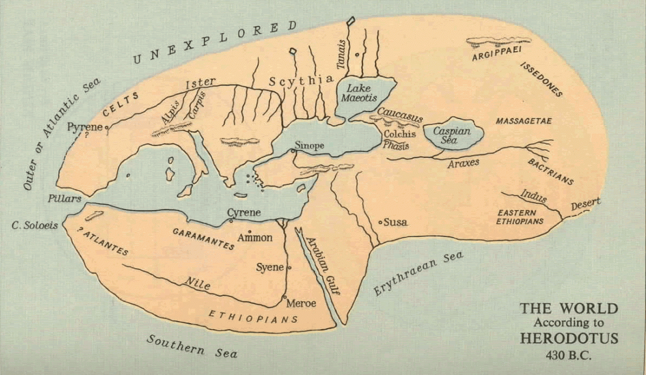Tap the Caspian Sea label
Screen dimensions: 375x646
(452, 136)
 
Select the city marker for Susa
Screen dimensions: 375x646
(381, 222)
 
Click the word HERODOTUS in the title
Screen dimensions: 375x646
(568, 338)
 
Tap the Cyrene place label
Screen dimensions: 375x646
(244, 212)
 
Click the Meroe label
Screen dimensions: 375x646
(301, 303)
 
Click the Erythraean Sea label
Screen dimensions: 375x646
(418, 273)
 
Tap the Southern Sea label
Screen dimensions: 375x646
(191, 346)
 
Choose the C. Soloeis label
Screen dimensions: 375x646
(35, 225)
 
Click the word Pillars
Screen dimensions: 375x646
(65, 199)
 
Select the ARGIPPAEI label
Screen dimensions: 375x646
(497, 57)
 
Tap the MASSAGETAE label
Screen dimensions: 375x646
(524, 121)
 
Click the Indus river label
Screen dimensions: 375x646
(533, 197)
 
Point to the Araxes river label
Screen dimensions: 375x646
(463, 163)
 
